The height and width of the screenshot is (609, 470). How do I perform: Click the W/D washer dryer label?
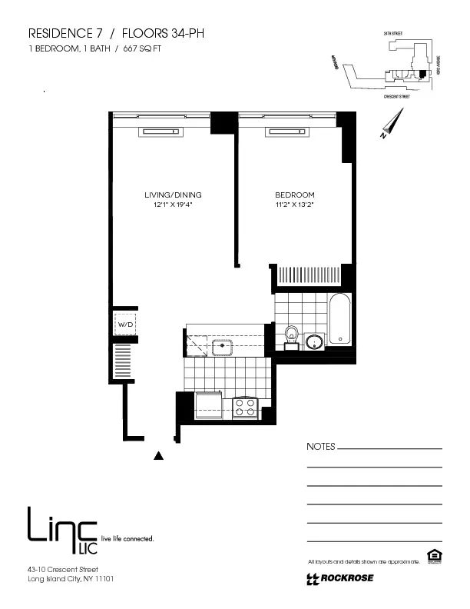(124, 325)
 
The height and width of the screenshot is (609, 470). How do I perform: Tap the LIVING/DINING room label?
(173, 195)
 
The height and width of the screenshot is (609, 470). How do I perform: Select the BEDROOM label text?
(295, 195)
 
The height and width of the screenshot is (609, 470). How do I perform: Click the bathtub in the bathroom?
(339, 320)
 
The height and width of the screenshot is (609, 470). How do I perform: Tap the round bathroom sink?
(314, 341)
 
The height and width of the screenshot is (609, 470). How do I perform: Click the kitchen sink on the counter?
(223, 346)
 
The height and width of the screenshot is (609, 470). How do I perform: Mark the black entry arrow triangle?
(159, 456)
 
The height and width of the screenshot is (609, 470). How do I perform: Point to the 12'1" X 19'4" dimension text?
(173, 205)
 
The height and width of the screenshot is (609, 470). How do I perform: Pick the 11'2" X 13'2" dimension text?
(295, 205)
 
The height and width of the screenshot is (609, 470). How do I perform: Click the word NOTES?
(320, 447)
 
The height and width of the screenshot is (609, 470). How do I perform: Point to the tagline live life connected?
(127, 538)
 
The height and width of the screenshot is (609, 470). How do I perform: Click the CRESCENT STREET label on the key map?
(396, 97)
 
